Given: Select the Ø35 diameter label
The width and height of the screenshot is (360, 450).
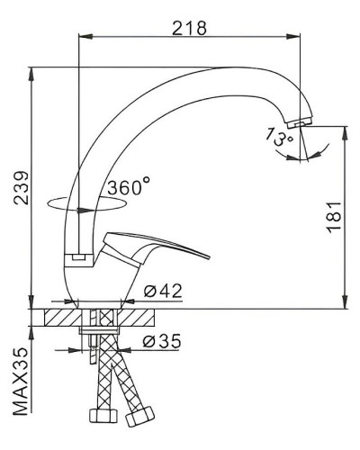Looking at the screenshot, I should pyautogui.click(x=163, y=342).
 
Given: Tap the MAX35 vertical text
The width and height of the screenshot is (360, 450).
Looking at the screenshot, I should pyautogui.click(x=19, y=382).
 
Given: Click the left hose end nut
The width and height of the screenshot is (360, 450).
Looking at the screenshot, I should pyautogui.click(x=98, y=418).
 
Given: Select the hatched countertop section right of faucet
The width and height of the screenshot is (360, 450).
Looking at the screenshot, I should pyautogui.click(x=140, y=318).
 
